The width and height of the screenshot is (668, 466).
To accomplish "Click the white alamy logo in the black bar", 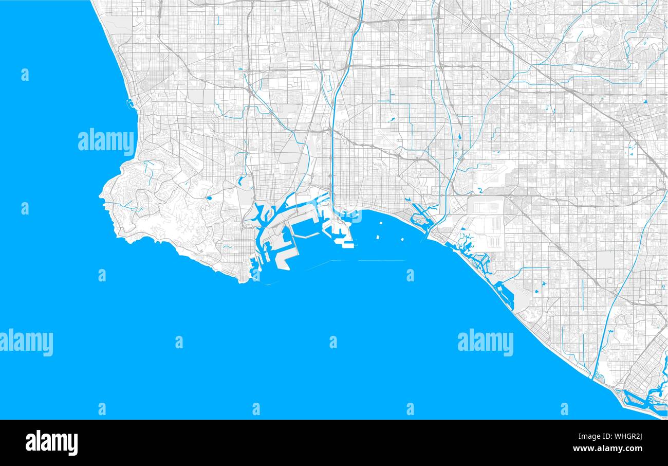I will pos(51,443).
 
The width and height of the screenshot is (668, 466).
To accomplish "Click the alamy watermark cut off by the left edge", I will pos(26,343).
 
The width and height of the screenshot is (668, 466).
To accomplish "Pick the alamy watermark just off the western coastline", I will pos(106,141).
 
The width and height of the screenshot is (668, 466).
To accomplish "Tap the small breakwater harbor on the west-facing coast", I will pos(129,104).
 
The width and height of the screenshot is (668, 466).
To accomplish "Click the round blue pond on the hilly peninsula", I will pos(209,197).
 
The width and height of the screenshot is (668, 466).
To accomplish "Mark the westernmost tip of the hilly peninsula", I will pos(100,195).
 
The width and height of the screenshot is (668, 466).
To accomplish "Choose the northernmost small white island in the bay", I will pos(382,224).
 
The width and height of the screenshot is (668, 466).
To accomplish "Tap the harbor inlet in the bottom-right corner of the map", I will pos(640,399).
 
